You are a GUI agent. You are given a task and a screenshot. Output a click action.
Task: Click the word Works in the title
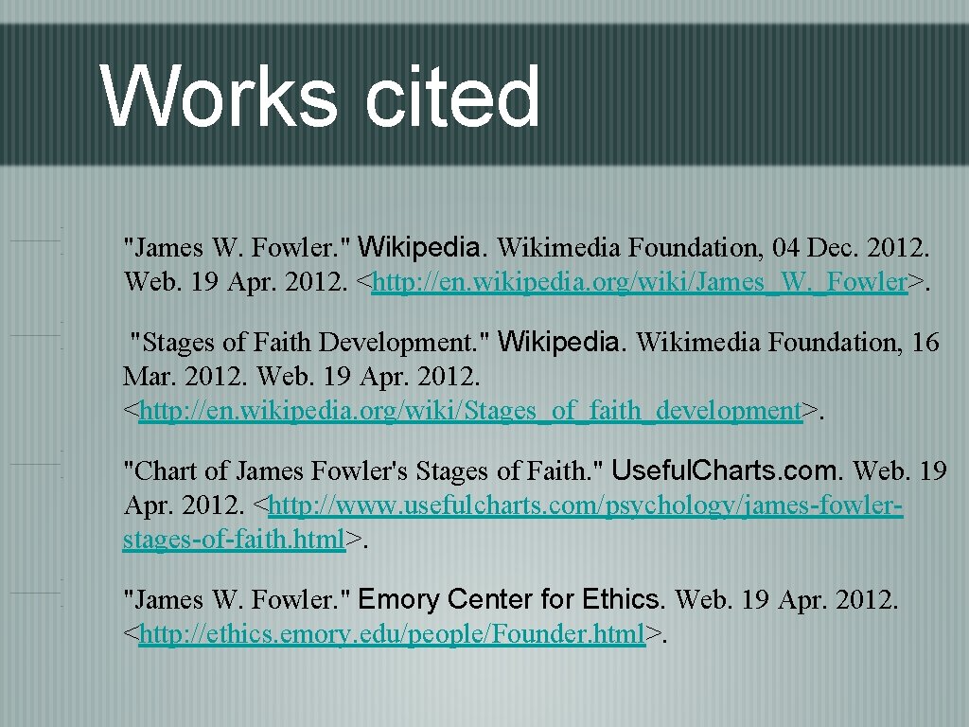218,97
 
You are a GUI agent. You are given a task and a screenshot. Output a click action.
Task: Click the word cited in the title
452,97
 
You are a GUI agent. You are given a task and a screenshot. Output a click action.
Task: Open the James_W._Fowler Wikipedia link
639,282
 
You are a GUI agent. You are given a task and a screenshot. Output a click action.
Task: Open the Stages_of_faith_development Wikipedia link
469,411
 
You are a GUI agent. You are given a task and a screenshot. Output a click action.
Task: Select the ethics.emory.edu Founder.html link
392,634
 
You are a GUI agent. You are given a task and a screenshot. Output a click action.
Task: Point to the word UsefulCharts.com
727,470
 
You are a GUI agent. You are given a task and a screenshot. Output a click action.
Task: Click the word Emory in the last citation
399,599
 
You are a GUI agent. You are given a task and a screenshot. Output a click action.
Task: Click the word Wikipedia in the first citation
422,248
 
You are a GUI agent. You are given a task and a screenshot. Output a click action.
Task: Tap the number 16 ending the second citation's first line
925,342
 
